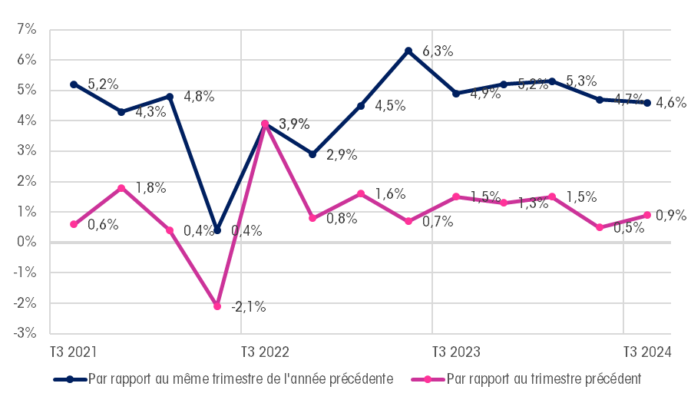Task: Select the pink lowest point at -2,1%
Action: pos(217,306)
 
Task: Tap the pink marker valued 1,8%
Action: pos(121,187)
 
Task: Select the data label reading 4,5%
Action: pos(390,106)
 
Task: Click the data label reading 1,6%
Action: pos(390,194)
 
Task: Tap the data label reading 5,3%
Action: pos(581,81)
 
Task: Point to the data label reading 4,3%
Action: pos(150,112)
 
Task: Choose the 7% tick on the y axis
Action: pos(26,30)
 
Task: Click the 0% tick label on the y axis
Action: pos(26,242)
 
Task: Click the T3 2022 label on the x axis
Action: pos(265,352)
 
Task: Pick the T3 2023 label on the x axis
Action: pos(456,352)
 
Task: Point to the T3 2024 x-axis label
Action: pos(647,352)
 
